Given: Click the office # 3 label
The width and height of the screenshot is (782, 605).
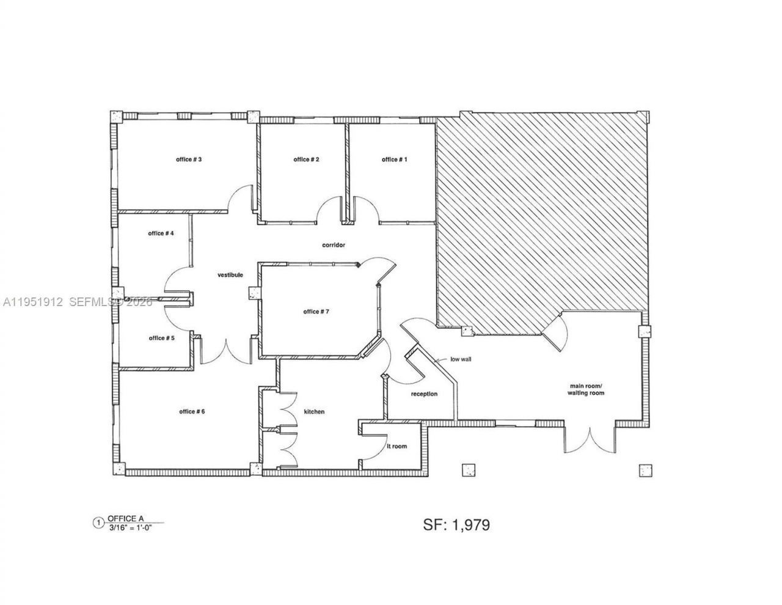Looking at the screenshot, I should (189, 159).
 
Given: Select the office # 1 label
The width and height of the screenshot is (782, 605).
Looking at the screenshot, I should (395, 159).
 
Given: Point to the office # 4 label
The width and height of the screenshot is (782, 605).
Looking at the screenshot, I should (161, 233).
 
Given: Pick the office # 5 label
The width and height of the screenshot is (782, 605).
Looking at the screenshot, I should (162, 338).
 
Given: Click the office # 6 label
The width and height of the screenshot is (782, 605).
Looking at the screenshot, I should (192, 411).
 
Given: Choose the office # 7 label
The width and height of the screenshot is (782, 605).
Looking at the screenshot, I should (316, 312).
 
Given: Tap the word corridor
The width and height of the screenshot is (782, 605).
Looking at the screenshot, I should (334, 245).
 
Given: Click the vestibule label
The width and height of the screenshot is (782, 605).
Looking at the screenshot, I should (230, 275).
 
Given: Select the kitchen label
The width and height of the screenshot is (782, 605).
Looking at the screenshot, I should (314, 412).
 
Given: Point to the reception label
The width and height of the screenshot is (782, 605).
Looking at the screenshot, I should (424, 394).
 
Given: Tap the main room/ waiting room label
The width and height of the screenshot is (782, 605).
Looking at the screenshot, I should (586, 389).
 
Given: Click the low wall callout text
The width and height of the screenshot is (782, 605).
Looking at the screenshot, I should (461, 359).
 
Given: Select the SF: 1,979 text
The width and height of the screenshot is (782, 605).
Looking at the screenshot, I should (456, 524).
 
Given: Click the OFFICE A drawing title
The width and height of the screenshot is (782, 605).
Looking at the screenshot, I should (126, 518).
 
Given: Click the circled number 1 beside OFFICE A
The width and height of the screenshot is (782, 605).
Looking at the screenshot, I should (97, 522).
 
